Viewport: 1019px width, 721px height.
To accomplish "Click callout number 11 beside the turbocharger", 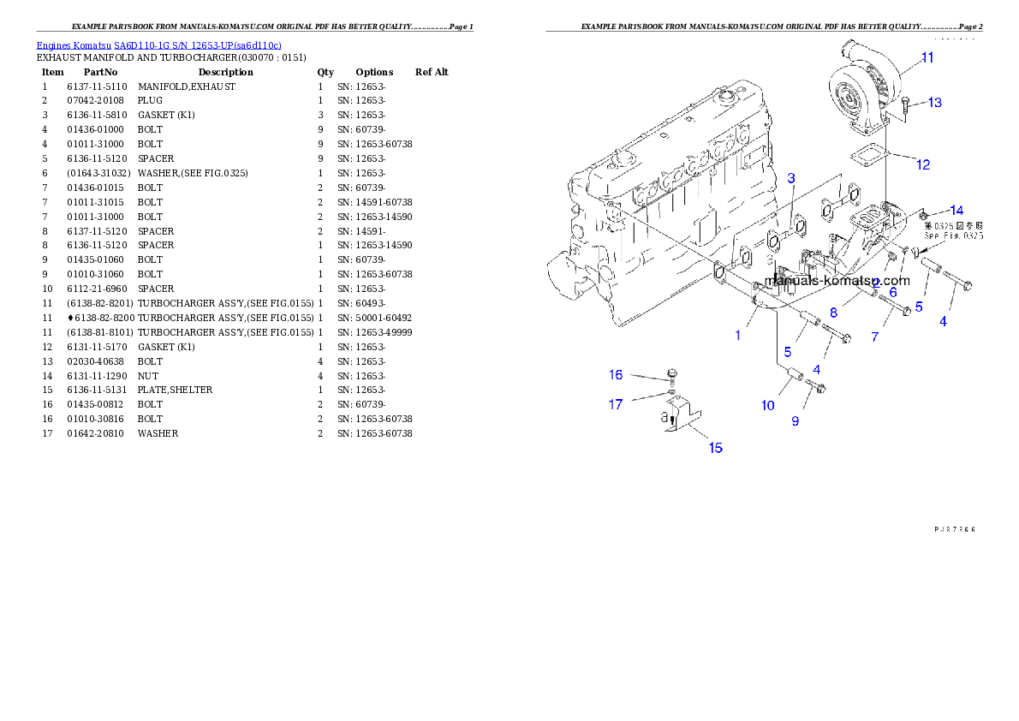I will (927, 58).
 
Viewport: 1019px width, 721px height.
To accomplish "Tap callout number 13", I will (934, 103).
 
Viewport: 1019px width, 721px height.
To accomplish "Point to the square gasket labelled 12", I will (866, 158).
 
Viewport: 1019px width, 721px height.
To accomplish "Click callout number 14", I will (956, 210).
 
